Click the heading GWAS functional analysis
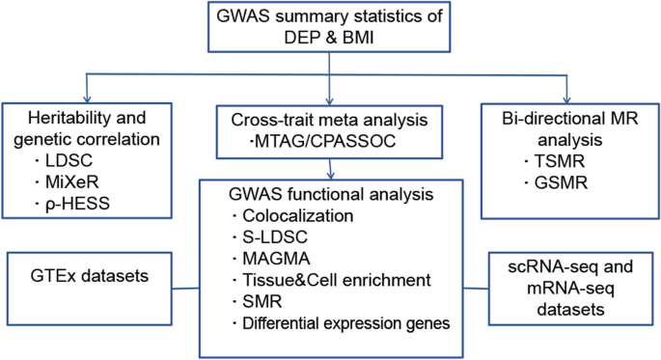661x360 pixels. click(x=330, y=191)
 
